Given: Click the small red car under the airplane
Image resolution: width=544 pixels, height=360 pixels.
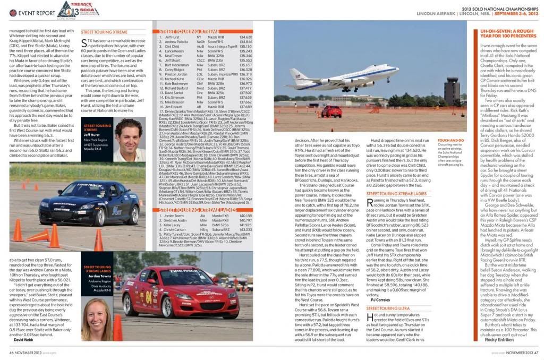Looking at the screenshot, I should coord(331,111).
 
